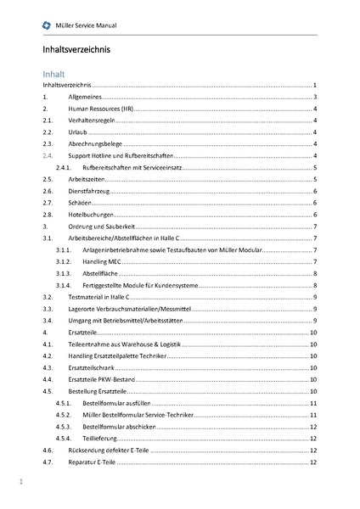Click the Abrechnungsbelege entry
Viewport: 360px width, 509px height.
(x=95, y=145)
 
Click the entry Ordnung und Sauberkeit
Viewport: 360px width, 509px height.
(x=101, y=228)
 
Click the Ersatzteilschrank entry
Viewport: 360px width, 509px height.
(x=94, y=368)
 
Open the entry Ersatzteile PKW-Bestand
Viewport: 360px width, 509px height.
(x=101, y=380)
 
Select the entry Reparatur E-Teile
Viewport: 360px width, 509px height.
(x=93, y=462)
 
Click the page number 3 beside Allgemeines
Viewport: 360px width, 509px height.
(x=315, y=98)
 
